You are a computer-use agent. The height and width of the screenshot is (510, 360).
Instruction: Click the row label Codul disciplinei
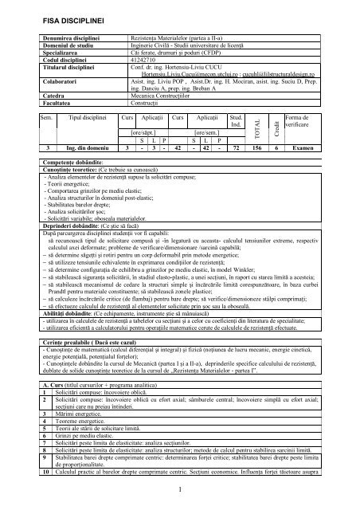[x=61, y=60]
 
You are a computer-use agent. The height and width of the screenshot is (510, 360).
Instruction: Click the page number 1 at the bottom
[x=180, y=488]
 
